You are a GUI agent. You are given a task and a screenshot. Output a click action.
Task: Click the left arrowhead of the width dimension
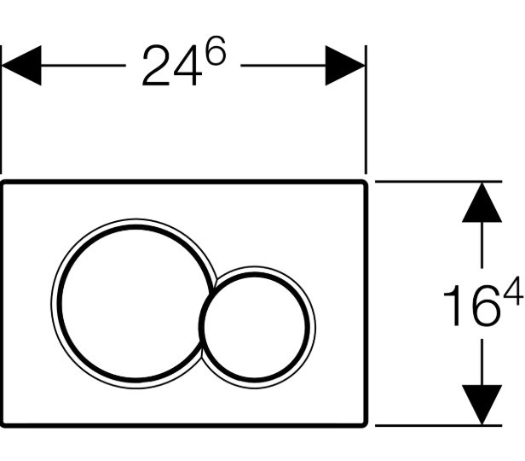coord(21,66)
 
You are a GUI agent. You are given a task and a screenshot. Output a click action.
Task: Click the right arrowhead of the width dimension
coord(345,66)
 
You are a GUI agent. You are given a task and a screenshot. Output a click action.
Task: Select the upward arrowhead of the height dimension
coord(482,202)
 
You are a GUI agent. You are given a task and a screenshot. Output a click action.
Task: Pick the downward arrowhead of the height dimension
coord(482,405)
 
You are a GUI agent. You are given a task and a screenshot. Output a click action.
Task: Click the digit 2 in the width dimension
coord(157,66)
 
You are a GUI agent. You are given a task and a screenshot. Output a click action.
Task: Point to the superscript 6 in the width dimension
coord(216,50)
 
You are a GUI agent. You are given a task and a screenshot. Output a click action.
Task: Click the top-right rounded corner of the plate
coord(365,183)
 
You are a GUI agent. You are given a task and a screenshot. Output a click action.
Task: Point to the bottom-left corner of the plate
coord(3,425)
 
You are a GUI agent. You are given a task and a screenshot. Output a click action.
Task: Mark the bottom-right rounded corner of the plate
coord(365,425)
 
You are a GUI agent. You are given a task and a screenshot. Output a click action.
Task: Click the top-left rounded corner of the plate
coord(3,183)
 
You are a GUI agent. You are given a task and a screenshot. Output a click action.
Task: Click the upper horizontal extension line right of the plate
coord(439,181)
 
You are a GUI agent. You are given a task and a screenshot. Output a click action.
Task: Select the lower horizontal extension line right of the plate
coord(439,425)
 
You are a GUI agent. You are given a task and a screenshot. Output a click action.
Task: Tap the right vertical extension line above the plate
coord(366,109)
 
